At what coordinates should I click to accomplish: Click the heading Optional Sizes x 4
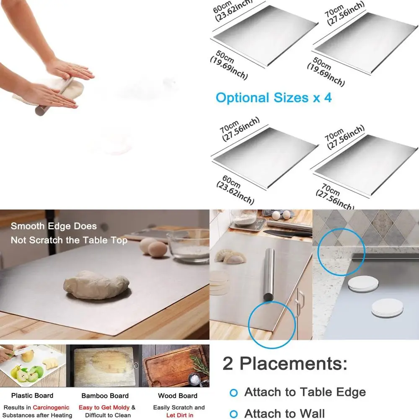point(273,98)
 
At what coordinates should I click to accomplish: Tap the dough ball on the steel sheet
point(96,285)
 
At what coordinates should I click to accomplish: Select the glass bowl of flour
point(189,245)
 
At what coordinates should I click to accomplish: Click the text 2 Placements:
point(285,363)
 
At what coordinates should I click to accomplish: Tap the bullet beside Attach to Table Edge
point(234,393)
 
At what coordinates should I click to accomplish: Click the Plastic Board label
point(32,396)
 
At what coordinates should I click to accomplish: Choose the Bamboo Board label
point(105,396)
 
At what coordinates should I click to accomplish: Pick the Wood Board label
point(178,396)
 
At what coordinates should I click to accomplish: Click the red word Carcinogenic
point(51,407)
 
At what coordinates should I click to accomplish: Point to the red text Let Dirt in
point(180,415)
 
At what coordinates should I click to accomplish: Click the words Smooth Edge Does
point(54,226)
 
